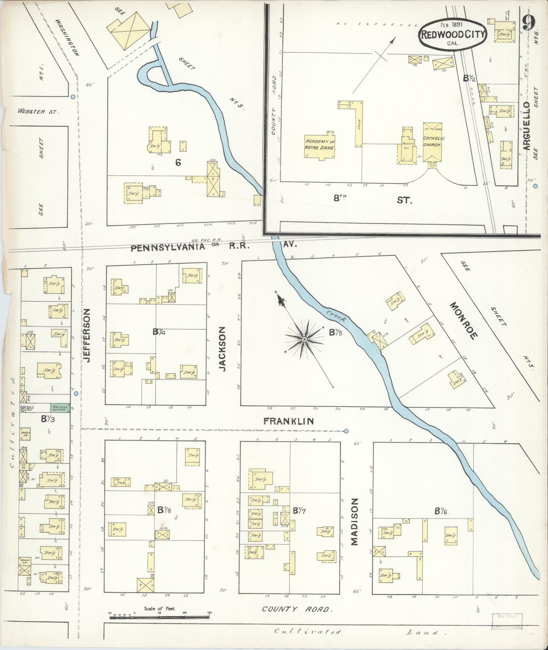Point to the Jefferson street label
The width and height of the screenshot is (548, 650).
click(87, 335)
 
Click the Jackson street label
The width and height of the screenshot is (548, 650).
click(223, 349)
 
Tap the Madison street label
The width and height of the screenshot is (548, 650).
click(354, 521)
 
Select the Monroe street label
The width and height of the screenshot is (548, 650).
click(463, 320)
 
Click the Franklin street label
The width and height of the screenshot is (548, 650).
click(289, 421)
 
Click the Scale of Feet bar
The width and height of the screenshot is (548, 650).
click(159, 617)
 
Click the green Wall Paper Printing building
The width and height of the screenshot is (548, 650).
click(60, 408)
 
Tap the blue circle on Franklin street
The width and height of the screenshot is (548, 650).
click(346, 431)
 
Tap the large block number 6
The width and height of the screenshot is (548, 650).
click(177, 163)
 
